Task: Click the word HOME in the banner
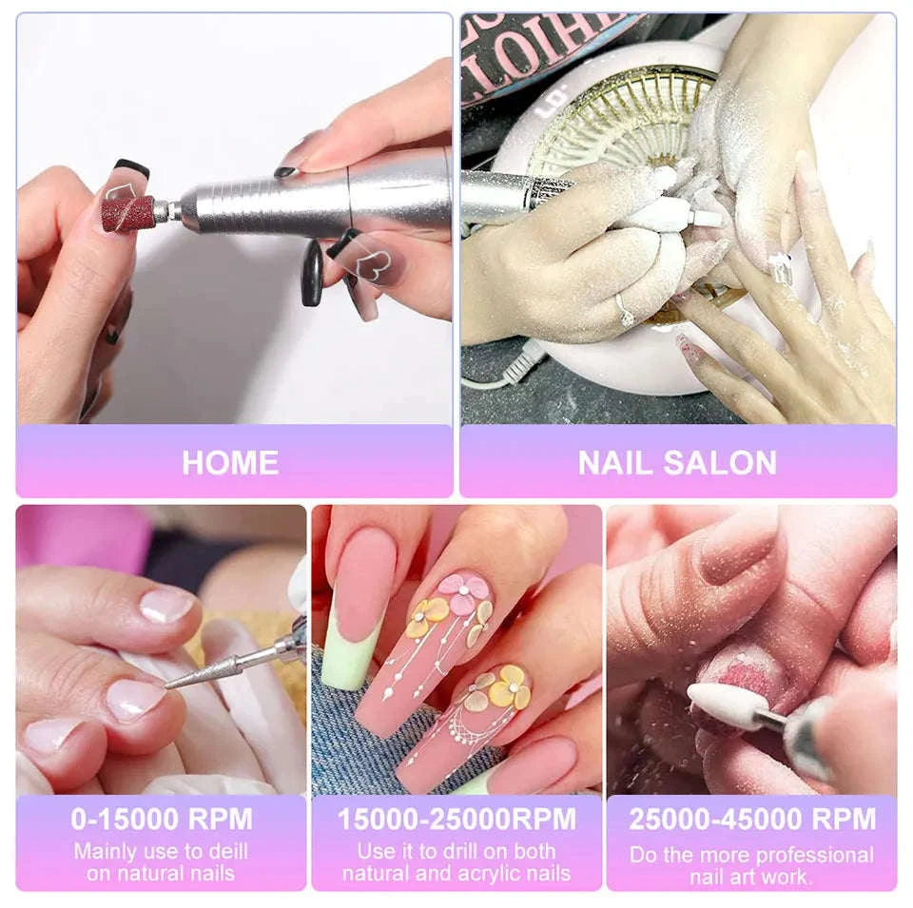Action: [230, 463]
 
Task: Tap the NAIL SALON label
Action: [677, 463]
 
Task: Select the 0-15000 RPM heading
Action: [162, 819]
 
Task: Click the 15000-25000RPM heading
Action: [456, 819]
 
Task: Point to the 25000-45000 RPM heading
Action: [751, 819]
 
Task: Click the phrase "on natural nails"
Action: [160, 873]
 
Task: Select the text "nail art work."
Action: [751, 876]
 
